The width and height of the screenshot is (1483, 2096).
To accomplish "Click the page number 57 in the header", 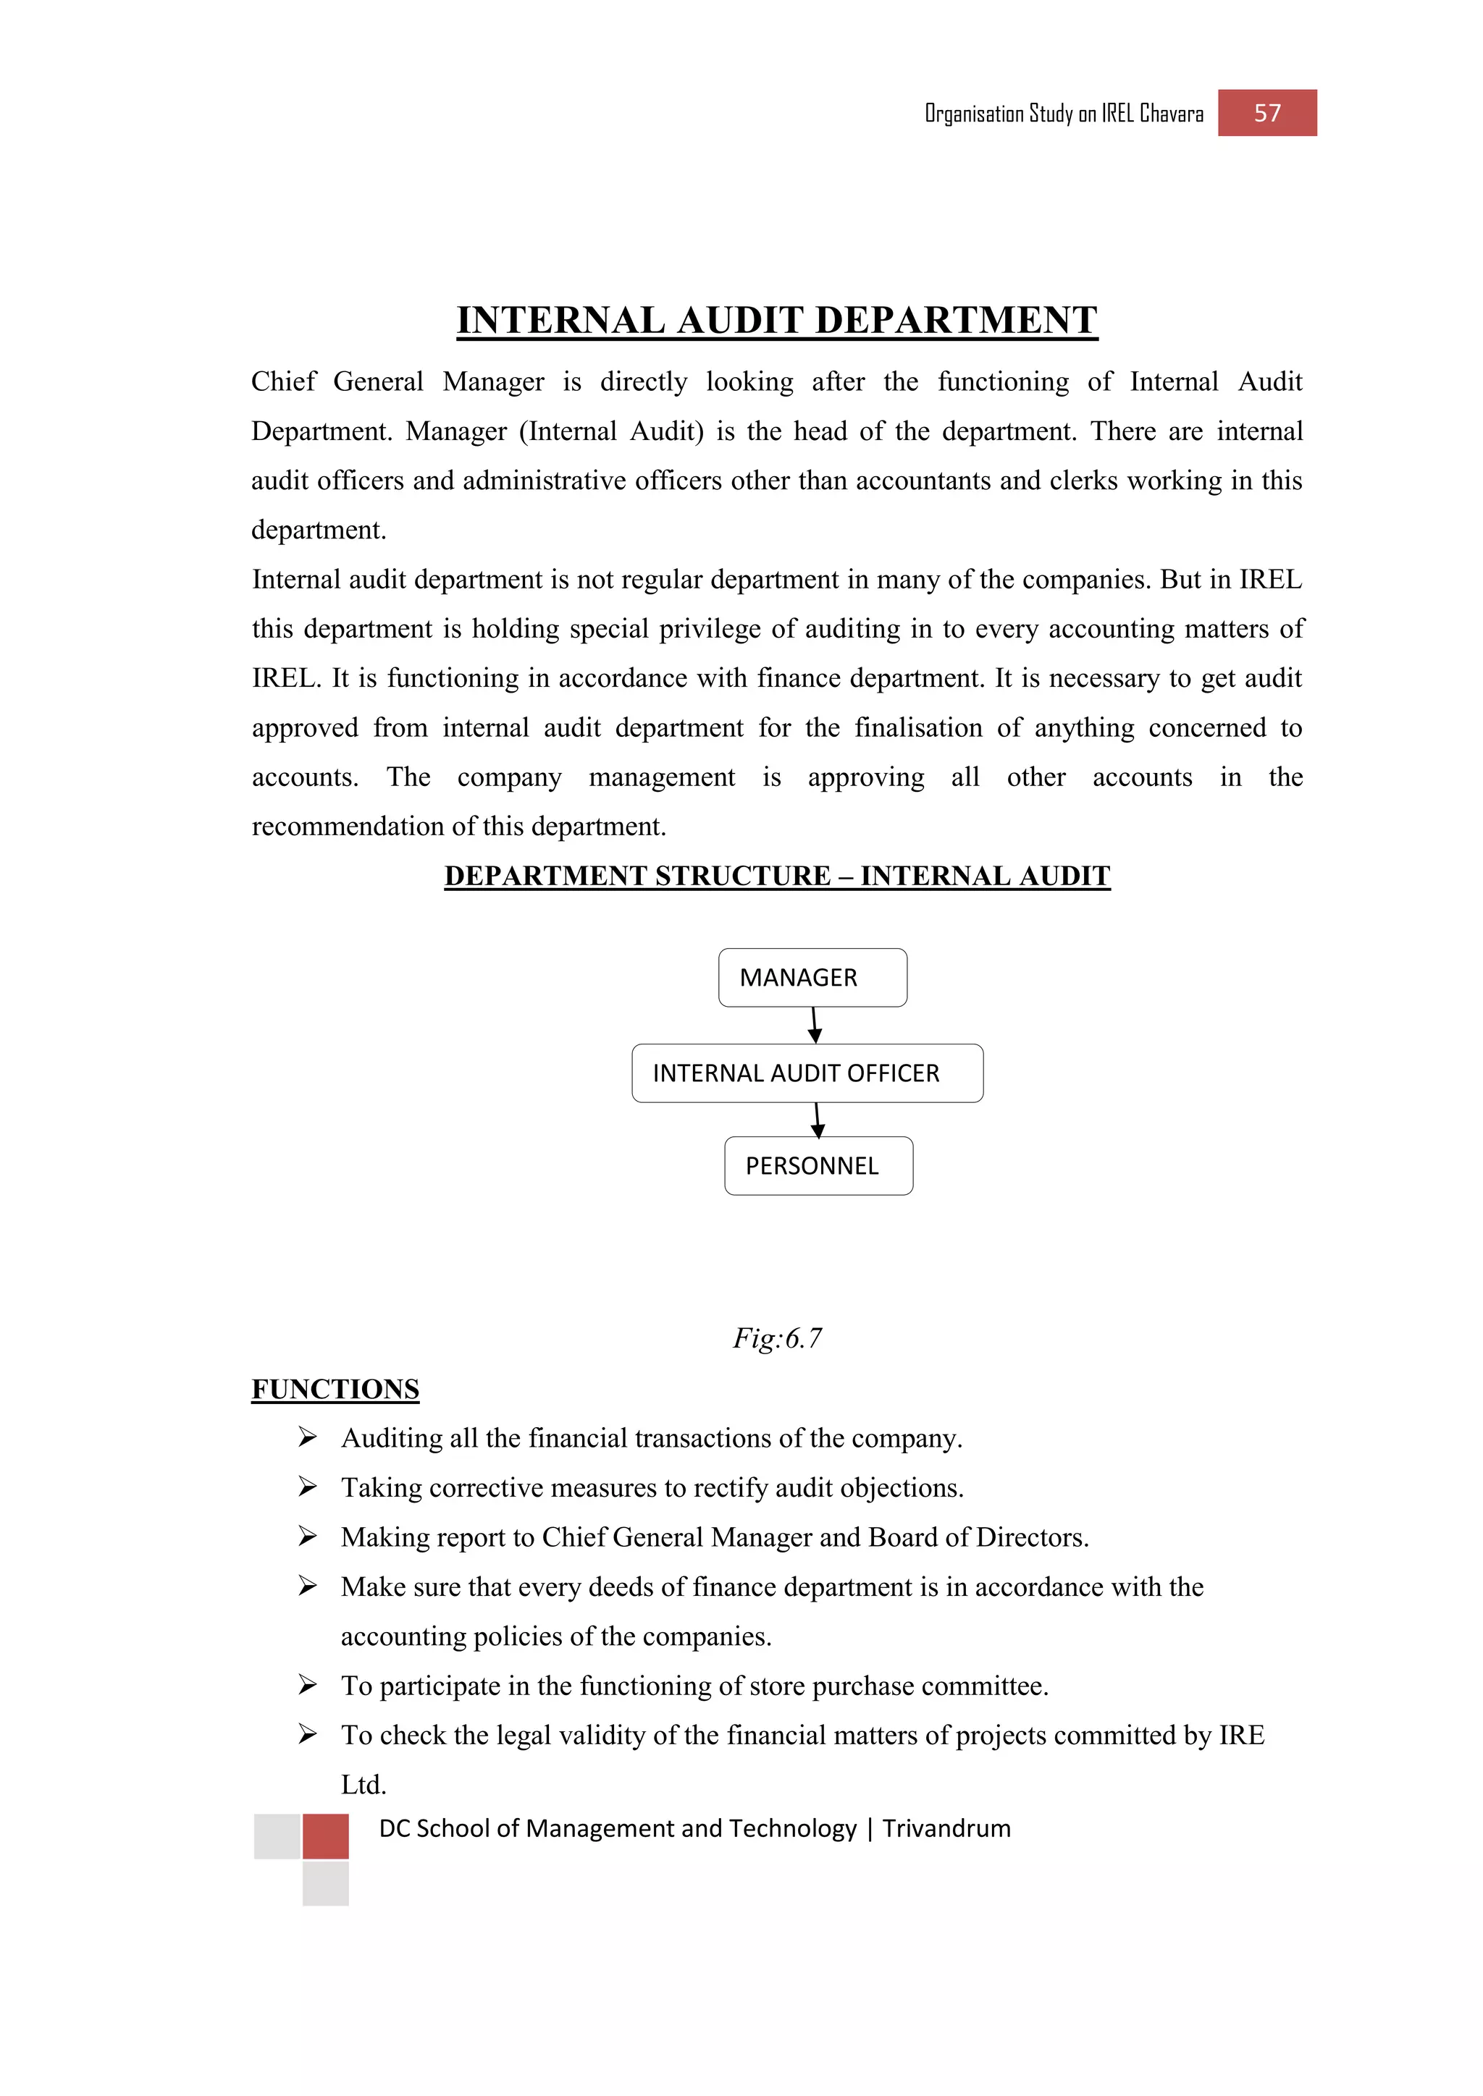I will click(x=1266, y=113).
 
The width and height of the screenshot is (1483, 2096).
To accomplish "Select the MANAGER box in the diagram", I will click(x=812, y=978).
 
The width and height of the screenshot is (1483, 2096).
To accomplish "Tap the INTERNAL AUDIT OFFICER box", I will click(x=807, y=1073).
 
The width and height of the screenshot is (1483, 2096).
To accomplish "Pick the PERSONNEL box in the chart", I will click(x=818, y=1166).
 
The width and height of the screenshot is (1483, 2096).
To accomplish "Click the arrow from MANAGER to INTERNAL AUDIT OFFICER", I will click(x=814, y=1025).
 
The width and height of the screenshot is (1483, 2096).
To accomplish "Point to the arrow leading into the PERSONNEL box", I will click(x=818, y=1120).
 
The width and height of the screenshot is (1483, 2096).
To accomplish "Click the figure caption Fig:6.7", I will click(x=777, y=1338).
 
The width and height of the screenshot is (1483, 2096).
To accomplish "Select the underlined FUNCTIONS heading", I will click(x=335, y=1390).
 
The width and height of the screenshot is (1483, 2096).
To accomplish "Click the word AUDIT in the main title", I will click(x=739, y=321).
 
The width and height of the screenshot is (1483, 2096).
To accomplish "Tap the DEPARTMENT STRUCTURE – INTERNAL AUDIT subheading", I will click(x=777, y=876).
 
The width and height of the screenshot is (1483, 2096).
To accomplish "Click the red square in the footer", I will click(x=326, y=1836).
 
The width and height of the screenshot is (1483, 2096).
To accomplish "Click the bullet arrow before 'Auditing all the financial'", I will click(x=308, y=1438).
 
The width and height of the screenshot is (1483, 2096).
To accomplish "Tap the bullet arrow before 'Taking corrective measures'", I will click(x=308, y=1487).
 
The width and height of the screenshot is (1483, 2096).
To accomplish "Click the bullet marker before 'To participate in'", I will click(x=308, y=1685).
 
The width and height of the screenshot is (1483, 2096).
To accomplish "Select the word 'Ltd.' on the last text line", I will click(x=364, y=1785).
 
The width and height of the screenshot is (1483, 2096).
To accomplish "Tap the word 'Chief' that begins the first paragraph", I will click(x=283, y=381).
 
